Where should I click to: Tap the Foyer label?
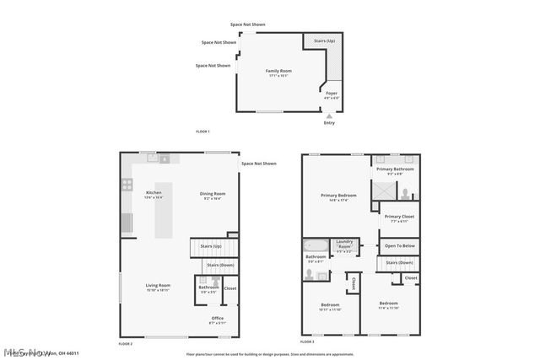pos(332,94)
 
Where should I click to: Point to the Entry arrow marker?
pos(329,116)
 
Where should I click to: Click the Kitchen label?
pos(154,193)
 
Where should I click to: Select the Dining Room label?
pos(213,194)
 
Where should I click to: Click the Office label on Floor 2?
pos(217,318)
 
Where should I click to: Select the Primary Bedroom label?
pos(338,196)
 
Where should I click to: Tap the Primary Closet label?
pos(399,217)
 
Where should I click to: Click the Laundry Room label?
pos(344,242)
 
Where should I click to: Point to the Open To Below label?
pos(399,246)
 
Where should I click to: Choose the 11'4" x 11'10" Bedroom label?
pos(388,303)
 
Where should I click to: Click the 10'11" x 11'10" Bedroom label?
pos(330,304)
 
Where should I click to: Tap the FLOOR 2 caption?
pos(126,344)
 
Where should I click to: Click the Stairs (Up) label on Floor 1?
pos(325,40)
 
